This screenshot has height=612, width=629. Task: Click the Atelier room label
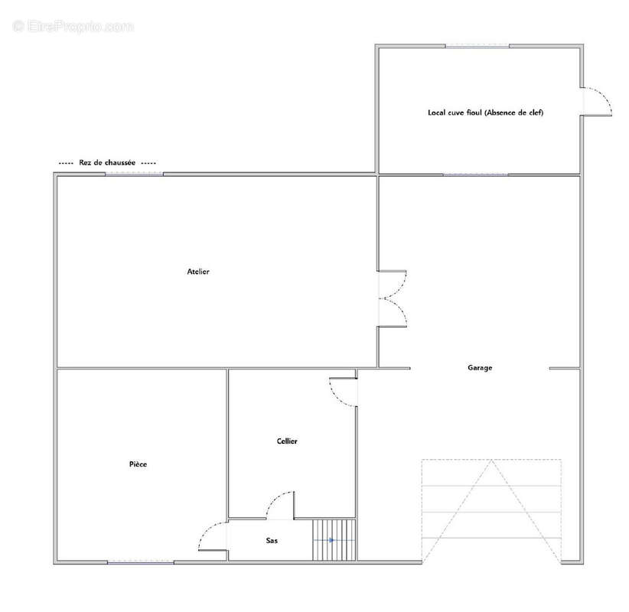pyautogui.click(x=198, y=272)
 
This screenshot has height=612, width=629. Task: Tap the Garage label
pyautogui.click(x=480, y=368)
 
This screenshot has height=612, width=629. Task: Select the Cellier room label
pyautogui.click(x=287, y=441)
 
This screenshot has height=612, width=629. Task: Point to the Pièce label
pyautogui.click(x=138, y=464)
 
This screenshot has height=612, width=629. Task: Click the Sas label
pyautogui.click(x=272, y=541)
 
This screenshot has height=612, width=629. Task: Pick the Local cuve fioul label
pyautogui.click(x=455, y=112)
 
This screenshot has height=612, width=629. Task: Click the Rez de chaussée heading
pyautogui.click(x=107, y=163)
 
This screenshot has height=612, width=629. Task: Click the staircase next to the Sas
pyautogui.click(x=334, y=540)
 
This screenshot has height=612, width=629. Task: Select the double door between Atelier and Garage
pyautogui.click(x=393, y=299)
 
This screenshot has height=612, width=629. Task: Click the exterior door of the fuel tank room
pyautogui.click(x=597, y=102)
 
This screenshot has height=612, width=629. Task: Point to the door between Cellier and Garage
pyautogui.click(x=344, y=392)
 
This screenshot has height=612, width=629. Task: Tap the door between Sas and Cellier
pyautogui.click(x=280, y=506)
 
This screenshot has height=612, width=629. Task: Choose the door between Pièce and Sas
pyautogui.click(x=213, y=536)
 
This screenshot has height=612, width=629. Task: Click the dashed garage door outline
pyautogui.click(x=491, y=511)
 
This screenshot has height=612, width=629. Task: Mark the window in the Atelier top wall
pyautogui.click(x=135, y=174)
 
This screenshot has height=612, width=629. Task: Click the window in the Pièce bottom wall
pyautogui.click(x=140, y=563)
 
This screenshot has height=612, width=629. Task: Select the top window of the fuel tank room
pyautogui.click(x=477, y=47)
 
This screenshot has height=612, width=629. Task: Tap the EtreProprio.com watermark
pyautogui.click(x=73, y=27)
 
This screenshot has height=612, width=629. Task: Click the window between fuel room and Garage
pyautogui.click(x=475, y=175)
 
